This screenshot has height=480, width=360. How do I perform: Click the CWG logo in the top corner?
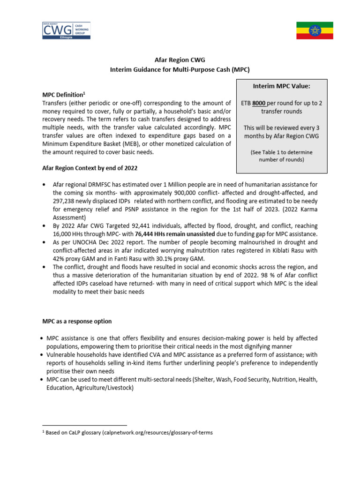pyautogui.click(x=66, y=30)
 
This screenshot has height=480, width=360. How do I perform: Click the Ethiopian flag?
pyautogui.click(x=314, y=30)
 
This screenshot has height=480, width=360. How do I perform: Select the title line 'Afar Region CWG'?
pyautogui.click(x=180, y=60)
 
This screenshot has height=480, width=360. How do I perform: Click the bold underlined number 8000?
pyautogui.click(x=259, y=103)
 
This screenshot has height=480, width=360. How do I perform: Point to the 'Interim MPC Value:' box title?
pyautogui.click(x=281, y=86)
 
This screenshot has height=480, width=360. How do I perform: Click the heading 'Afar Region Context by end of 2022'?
pyautogui.click(x=90, y=168)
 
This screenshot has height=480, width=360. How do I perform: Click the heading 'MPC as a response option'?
pyautogui.click(x=77, y=322)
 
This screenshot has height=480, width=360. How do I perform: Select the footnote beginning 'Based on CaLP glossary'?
pyautogui.click(x=127, y=433)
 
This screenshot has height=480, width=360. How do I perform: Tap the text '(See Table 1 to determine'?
pyautogui.click(x=281, y=152)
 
